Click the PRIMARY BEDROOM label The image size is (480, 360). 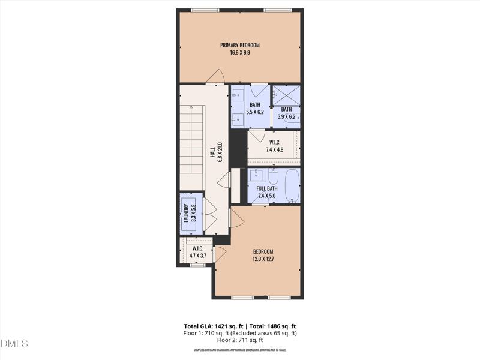239,45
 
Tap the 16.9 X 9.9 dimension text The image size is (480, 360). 239,53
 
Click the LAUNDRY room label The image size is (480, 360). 186,214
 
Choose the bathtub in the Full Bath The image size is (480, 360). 292,186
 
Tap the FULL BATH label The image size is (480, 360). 267,188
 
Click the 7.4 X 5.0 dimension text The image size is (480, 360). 267,196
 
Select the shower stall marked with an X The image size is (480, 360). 286,94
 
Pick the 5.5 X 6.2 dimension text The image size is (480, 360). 255,112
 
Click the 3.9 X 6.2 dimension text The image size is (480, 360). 286,116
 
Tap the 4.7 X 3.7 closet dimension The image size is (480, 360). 197,256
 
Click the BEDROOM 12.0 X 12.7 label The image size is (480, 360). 263,255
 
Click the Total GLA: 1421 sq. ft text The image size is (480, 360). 206,325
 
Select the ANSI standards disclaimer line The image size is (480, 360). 239,350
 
